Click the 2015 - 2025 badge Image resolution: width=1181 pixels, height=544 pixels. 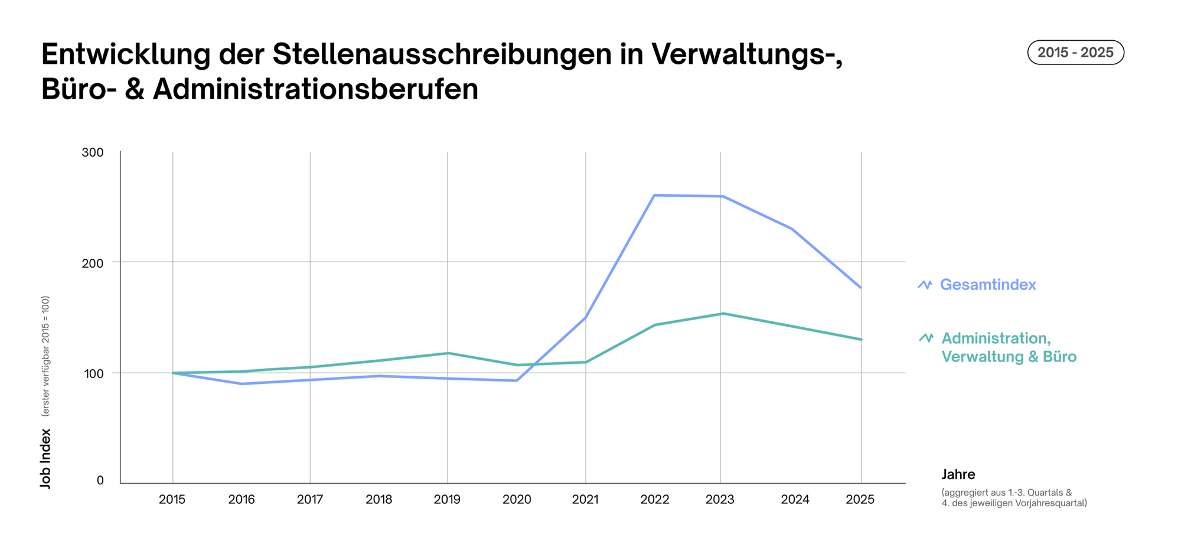point(1075,53)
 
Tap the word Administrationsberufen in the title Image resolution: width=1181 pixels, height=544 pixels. point(315,90)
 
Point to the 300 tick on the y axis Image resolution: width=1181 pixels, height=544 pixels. point(93,152)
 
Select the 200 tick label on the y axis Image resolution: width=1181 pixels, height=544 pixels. point(93,263)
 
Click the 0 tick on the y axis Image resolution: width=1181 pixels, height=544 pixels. point(100,481)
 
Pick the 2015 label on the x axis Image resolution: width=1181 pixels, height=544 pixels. point(172,500)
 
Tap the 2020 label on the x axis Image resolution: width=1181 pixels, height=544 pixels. point(517,500)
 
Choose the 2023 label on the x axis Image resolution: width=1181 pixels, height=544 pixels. point(720,500)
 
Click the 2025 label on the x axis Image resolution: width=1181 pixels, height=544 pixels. point(860,500)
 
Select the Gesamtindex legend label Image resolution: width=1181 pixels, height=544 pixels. point(987,285)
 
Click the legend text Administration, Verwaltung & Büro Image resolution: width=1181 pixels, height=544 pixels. point(1008,347)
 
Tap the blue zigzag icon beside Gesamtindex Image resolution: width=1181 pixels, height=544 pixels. point(925,285)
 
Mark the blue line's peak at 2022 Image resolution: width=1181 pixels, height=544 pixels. point(654,196)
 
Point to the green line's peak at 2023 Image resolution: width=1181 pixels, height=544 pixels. point(722,314)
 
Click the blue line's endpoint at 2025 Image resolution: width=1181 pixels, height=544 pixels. point(861,288)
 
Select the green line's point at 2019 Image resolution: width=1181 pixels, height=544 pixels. point(448,353)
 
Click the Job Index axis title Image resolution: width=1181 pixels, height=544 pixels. point(45,458)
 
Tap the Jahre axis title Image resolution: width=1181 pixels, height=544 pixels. point(958,474)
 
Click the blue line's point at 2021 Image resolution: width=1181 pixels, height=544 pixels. point(585,318)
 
